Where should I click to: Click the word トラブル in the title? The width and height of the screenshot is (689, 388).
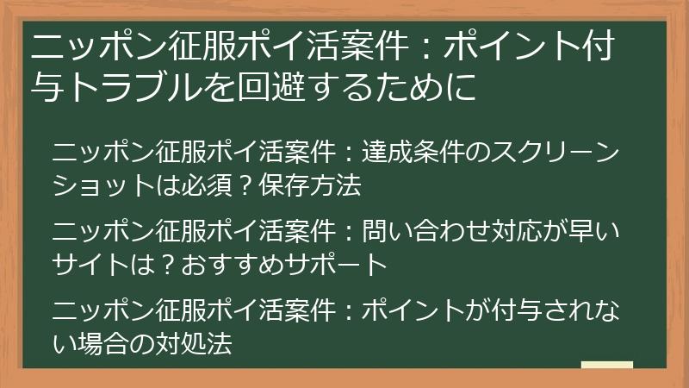click(x=142, y=87)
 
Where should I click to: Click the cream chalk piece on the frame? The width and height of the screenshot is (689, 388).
click(x=606, y=365)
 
